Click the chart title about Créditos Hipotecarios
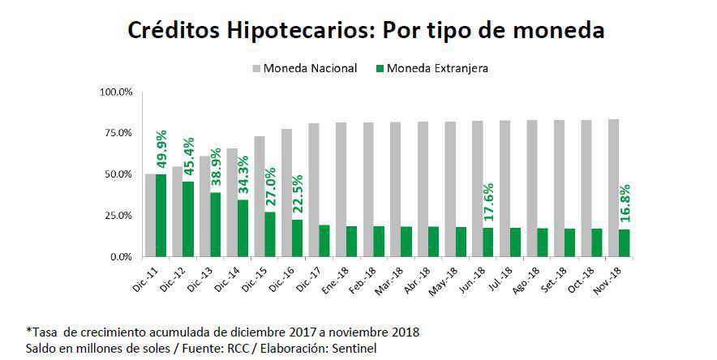[367, 31]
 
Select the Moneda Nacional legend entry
[309, 68]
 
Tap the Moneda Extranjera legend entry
[439, 68]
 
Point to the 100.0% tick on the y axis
[116, 92]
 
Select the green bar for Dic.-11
[161, 216]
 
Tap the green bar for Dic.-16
[297, 238]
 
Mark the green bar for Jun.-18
[487, 242]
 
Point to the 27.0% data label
[270, 188]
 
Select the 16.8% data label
[625, 204]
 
